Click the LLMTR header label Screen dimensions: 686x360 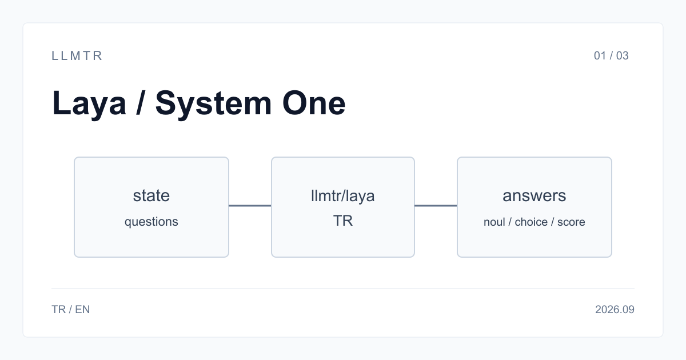pyautogui.click(x=77, y=56)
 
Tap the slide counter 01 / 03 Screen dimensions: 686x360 pyautogui.click(x=611, y=56)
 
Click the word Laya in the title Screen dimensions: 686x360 pyautogui.click(x=89, y=103)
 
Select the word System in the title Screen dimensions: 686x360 pyautogui.click(x=213, y=103)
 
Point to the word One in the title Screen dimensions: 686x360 pyautogui.click(x=314, y=103)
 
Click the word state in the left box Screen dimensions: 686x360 pyautogui.click(x=151, y=195)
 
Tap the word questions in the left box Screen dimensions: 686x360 pyautogui.click(x=151, y=222)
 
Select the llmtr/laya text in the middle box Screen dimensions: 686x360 pyautogui.click(x=342, y=196)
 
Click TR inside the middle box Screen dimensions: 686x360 pyautogui.click(x=342, y=221)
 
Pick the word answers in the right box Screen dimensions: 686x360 pyautogui.click(x=535, y=195)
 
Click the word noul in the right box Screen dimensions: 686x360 pyautogui.click(x=494, y=222)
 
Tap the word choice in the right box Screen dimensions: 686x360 pyautogui.click(x=531, y=222)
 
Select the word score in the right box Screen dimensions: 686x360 pyautogui.click(x=571, y=222)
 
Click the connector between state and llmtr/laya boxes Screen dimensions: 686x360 pyautogui.click(x=250, y=206)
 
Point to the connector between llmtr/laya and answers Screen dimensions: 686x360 pyautogui.click(x=436, y=206)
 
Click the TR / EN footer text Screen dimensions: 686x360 pyautogui.click(x=71, y=310)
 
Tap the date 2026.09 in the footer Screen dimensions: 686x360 pyautogui.click(x=615, y=310)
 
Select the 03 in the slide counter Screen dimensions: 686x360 pyautogui.click(x=623, y=56)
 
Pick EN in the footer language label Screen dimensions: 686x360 pyautogui.click(x=82, y=310)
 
